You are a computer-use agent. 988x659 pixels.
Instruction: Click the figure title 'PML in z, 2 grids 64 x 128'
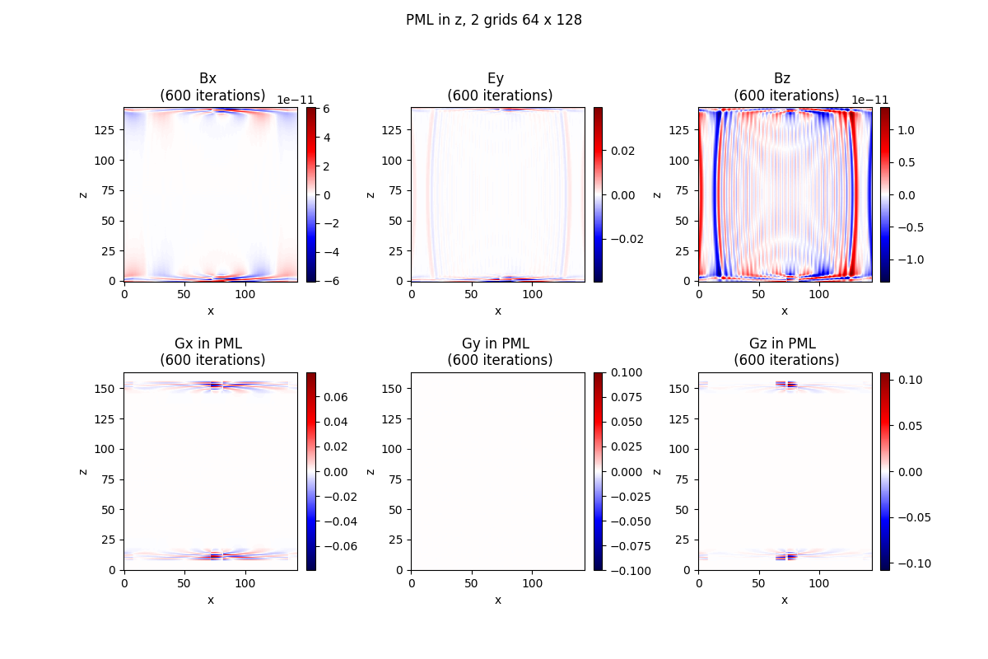coord(494,20)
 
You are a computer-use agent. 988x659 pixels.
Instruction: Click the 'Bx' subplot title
coord(208,78)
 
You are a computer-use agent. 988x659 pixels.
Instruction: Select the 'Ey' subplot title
coord(496,78)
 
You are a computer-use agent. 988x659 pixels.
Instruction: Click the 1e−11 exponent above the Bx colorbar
coord(295,100)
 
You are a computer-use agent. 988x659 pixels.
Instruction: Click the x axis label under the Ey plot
coord(497,311)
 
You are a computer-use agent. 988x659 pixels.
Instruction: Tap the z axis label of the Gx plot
coord(83,471)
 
